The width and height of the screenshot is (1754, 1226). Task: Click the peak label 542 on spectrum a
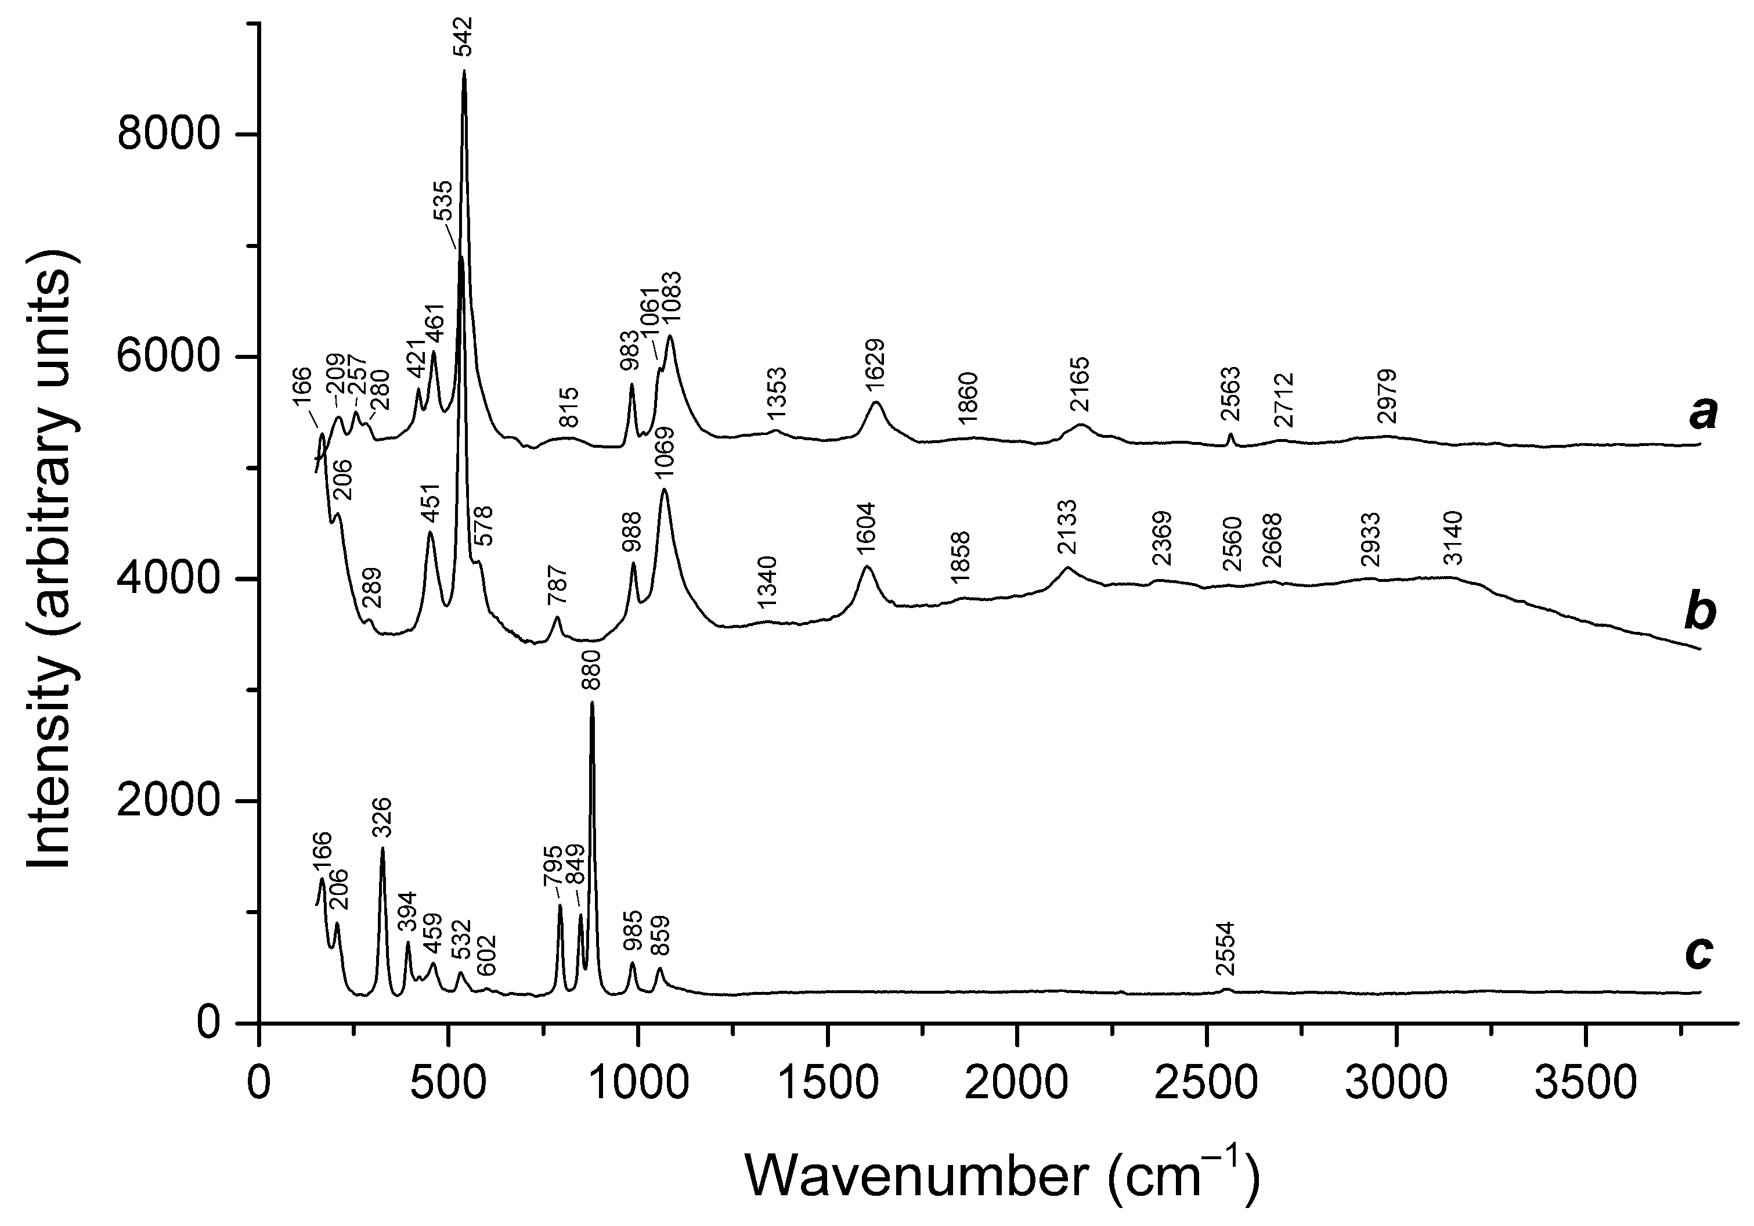464,35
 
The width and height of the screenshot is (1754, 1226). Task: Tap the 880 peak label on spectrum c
591,670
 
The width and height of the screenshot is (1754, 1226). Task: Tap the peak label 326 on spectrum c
382,818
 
